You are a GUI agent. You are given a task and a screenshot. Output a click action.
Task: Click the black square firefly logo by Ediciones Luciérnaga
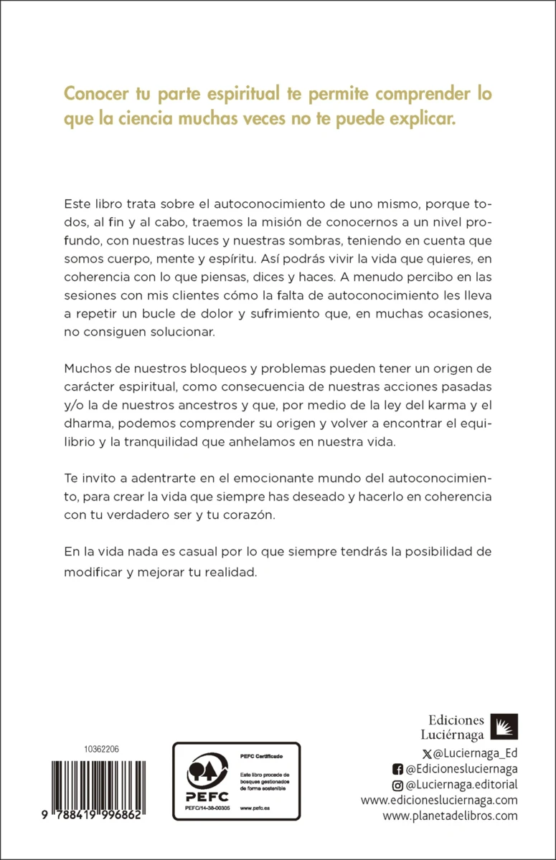pyautogui.click(x=504, y=727)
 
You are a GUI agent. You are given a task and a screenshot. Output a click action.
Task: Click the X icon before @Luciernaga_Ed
pyautogui.click(x=429, y=752)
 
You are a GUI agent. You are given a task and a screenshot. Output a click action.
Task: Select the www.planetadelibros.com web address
pyautogui.click(x=450, y=816)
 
